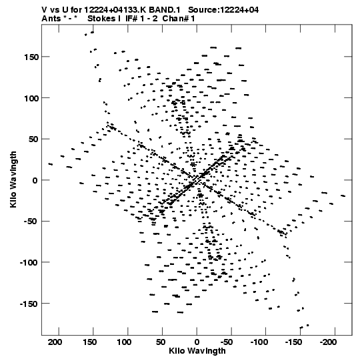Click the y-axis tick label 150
tap(31, 57)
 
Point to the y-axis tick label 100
tap(31, 98)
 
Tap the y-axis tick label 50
tap(33, 139)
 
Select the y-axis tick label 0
tap(35, 180)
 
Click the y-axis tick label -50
tap(31, 222)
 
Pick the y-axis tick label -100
tap(29, 263)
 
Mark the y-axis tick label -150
tap(29, 304)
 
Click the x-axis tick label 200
tap(55, 342)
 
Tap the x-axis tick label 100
tap(124, 342)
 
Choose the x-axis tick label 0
tap(197, 342)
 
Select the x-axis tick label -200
tap(328, 342)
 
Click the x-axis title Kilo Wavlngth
tap(197, 351)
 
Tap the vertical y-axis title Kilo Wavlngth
tap(13, 179)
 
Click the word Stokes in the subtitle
tap(101, 19)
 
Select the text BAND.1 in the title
tap(165, 10)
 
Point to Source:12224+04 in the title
tap(223, 10)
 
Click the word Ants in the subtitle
tap(51, 19)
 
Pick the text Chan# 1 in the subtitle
tap(179, 19)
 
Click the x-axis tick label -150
tap(293, 342)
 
